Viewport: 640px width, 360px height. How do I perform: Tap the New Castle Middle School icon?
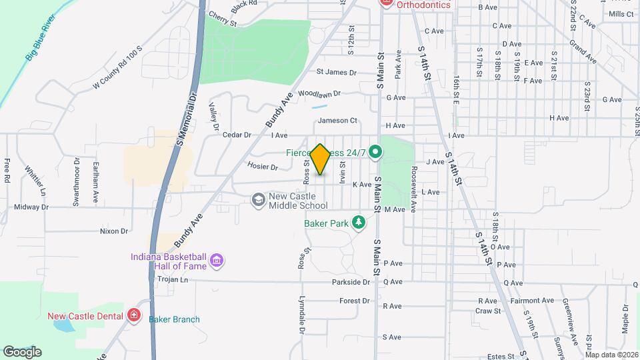point(257,200)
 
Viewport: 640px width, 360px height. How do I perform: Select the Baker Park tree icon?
point(359,222)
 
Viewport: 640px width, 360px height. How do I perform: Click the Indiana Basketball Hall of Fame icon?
point(216,261)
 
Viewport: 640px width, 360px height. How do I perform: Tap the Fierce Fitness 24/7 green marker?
point(375,153)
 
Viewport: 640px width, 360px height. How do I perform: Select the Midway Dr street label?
point(31,207)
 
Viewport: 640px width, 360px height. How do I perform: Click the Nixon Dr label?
point(113,231)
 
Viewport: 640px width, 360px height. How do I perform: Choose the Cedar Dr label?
point(236,135)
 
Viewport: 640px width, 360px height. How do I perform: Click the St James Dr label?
point(337,72)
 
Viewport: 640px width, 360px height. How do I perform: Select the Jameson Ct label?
point(338,121)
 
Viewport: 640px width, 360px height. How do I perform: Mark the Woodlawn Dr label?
point(319,93)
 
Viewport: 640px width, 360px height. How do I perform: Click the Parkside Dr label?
point(351,282)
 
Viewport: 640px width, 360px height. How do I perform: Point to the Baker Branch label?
point(174,319)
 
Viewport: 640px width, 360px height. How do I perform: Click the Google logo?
point(22,351)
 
